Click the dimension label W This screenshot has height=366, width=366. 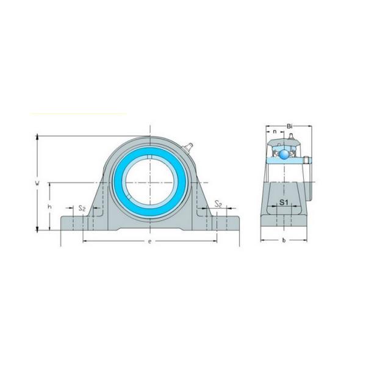pyautogui.click(x=37, y=182)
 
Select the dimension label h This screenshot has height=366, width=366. pyautogui.click(x=49, y=207)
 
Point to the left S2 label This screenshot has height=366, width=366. pyautogui.click(x=81, y=208)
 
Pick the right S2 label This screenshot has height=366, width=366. pyautogui.click(x=218, y=206)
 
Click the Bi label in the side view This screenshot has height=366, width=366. pyautogui.click(x=290, y=126)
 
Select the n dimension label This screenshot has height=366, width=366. pyautogui.click(x=274, y=131)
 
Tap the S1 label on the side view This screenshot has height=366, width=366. pyautogui.click(x=284, y=202)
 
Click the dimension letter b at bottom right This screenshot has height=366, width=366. pyautogui.click(x=284, y=241)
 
